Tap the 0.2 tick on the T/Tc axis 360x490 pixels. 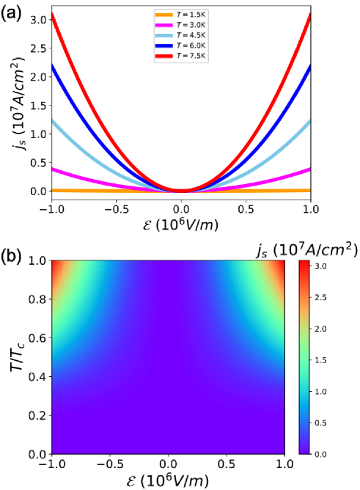coord(37,416)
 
